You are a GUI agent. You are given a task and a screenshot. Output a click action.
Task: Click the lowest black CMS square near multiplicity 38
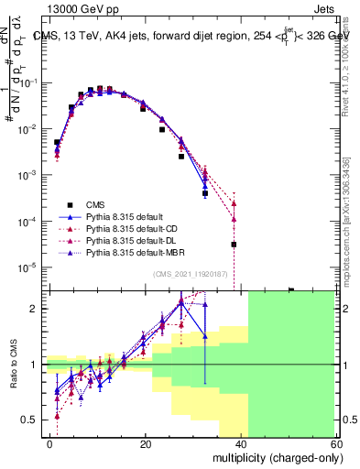[234, 245]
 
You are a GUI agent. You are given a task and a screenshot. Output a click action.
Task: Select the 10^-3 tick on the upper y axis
[31, 175]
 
